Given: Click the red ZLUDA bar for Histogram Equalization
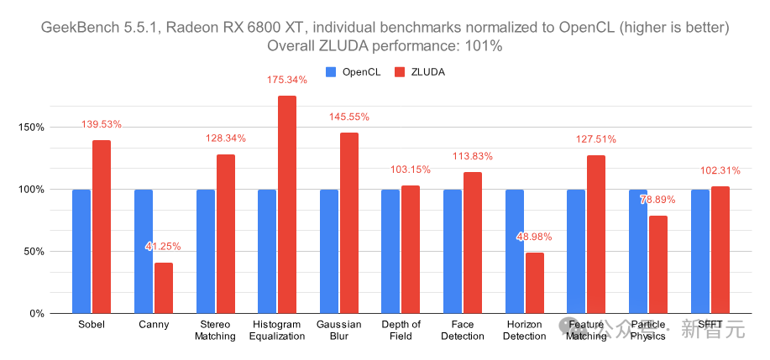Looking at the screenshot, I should [x=287, y=205].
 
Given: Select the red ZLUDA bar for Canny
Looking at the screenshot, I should [x=164, y=288].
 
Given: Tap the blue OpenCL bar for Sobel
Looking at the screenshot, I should [x=81, y=251].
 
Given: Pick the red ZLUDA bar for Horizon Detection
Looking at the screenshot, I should [x=535, y=283].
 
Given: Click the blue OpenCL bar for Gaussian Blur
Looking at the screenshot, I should [x=329, y=251].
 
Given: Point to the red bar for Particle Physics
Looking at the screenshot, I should [x=658, y=264].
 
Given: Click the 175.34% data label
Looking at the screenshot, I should [x=286, y=80].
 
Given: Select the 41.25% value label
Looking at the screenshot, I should [x=163, y=247].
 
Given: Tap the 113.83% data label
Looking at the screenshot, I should [x=472, y=156].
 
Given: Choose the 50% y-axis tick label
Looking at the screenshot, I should [x=33, y=252].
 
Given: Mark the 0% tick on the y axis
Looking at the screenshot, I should [x=35, y=313].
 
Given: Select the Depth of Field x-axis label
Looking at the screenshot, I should [x=401, y=330].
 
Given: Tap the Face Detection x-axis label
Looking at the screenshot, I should [x=463, y=330].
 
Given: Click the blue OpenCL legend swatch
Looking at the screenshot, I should [x=331, y=72].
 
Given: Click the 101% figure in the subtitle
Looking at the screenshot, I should [x=485, y=47].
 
